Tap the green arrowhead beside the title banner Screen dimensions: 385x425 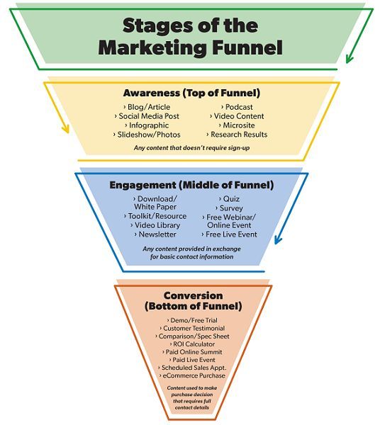tap(350, 58)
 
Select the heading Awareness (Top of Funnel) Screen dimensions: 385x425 tap(191, 93)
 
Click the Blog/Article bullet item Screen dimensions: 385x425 tap(147, 107)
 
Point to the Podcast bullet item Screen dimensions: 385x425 tap(237, 107)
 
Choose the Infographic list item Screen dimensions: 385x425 tap(147, 125)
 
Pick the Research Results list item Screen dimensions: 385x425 tap(237, 135)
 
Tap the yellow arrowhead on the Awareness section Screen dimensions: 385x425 tap(65, 128)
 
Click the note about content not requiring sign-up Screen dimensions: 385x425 tap(191, 148)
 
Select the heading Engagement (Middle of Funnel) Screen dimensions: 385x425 tap(191, 185)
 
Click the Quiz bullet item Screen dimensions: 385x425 tap(229, 199)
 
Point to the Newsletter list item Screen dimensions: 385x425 tap(155, 234)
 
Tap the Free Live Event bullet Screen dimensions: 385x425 tap(229, 234)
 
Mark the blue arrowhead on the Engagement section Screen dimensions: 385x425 tap(278, 239)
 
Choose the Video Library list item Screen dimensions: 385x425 tap(155, 225)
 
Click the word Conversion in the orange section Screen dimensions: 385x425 tap(193, 295)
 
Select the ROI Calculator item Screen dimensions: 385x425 tap(192, 344)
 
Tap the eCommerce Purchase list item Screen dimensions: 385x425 tap(192, 375)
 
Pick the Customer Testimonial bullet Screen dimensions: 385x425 tap(192, 328)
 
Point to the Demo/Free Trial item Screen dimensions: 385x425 tap(192, 320)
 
